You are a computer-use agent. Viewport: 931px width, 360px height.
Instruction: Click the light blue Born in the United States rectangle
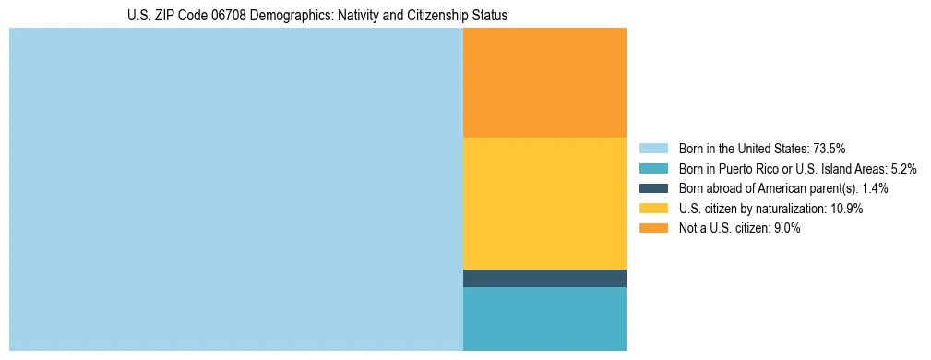tap(235, 189)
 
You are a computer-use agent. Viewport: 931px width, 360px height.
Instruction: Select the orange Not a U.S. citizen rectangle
tap(544, 82)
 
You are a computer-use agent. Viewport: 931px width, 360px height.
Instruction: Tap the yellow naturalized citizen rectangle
tap(544, 203)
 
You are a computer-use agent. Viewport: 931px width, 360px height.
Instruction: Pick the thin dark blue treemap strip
tap(544, 278)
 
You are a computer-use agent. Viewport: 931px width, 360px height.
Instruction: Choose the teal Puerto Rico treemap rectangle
tap(544, 318)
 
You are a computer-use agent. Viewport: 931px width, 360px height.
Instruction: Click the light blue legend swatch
tap(652, 148)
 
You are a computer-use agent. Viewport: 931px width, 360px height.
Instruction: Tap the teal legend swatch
tap(652, 168)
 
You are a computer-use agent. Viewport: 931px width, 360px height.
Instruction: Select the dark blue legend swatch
tap(652, 188)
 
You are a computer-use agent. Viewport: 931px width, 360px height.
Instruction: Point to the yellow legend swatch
tap(652, 209)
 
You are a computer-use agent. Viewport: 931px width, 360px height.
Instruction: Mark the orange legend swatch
tap(652, 228)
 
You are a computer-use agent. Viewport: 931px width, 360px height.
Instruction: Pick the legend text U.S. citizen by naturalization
tap(753, 209)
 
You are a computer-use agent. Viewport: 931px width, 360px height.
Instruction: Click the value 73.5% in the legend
tap(830, 148)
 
